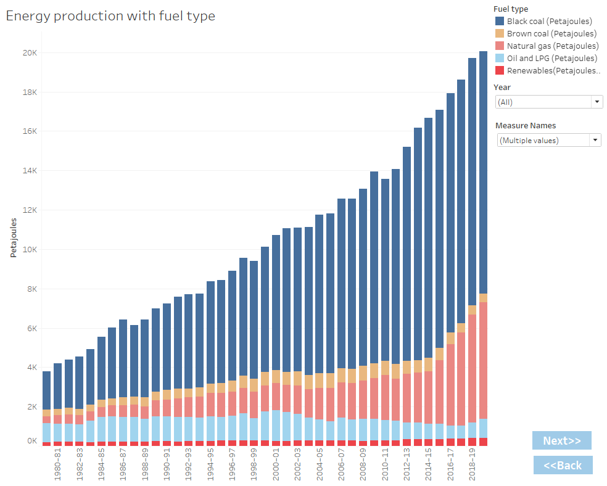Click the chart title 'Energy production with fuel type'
pos(110,16)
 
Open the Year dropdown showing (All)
pos(549,102)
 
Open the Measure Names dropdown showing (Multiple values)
pos(549,140)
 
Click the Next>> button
pos(561,440)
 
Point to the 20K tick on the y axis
pos(30,53)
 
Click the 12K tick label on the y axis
pos(30,210)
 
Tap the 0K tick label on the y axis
pos(31,441)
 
